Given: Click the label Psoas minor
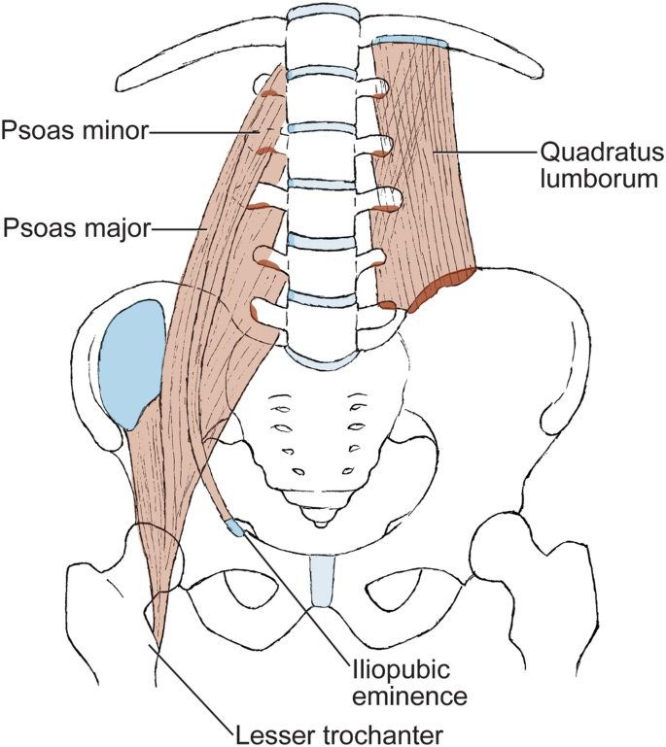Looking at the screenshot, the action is (x=74, y=129).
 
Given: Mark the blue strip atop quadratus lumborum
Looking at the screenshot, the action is (x=409, y=42).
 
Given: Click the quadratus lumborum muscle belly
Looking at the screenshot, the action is (x=428, y=165).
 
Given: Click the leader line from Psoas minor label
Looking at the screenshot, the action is (x=204, y=129).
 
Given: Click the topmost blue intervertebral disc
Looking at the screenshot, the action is (x=318, y=12).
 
